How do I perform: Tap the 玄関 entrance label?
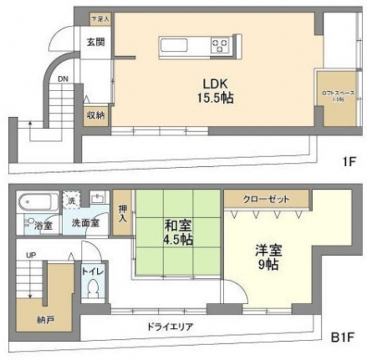coord(96,42)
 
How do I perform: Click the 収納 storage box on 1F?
coord(96,116)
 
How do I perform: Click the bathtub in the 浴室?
coord(38,202)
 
